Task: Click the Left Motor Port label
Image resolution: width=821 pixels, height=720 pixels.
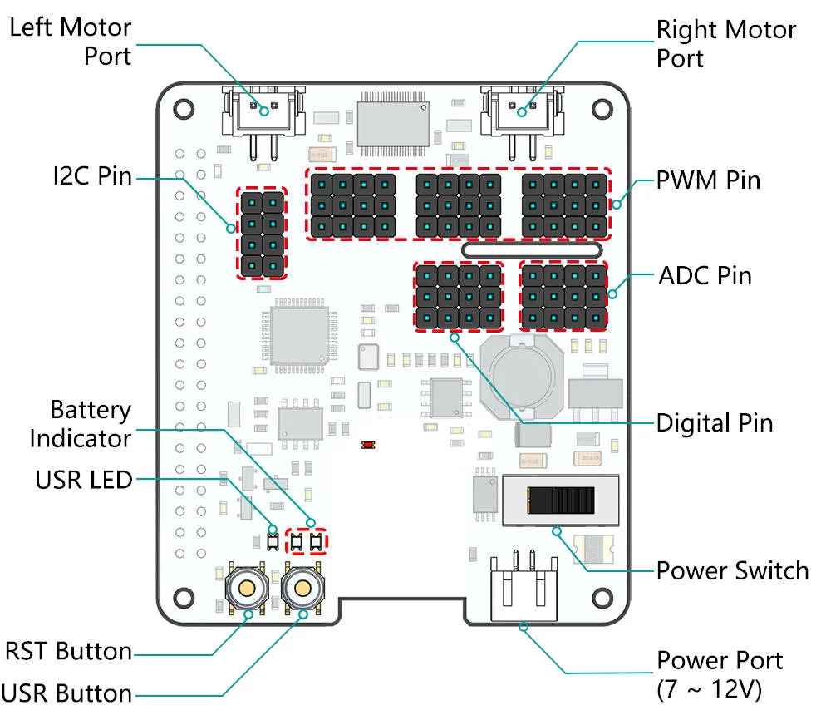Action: [x=70, y=42]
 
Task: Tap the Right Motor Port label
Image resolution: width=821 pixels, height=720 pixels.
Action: [x=725, y=44]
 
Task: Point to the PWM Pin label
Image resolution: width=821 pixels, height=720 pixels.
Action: [x=708, y=180]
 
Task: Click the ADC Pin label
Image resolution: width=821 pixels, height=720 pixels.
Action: [x=705, y=275]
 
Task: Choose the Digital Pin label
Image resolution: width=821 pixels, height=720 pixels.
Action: [x=715, y=423]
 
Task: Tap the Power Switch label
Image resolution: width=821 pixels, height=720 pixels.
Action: [x=732, y=571]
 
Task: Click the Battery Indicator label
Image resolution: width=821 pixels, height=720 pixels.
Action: [x=81, y=424]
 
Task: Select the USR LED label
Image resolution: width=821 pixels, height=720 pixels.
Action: [x=83, y=480]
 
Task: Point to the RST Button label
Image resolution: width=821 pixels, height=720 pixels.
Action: [x=69, y=651]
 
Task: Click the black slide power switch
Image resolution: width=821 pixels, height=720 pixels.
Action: [x=562, y=501]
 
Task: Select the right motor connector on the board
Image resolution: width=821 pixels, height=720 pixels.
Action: [x=523, y=112]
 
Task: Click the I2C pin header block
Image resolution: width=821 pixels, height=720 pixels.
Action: [x=262, y=233]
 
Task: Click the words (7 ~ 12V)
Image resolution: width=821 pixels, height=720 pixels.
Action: [x=708, y=690]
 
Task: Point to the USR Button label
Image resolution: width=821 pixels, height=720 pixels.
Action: [x=67, y=693]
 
